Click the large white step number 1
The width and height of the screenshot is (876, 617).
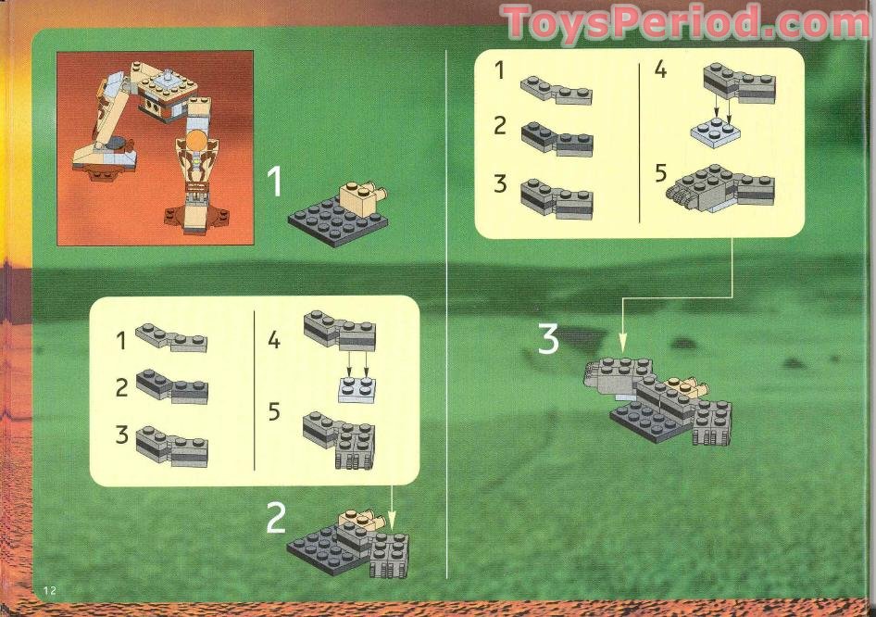(x=275, y=183)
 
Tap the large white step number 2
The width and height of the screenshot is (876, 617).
(x=276, y=520)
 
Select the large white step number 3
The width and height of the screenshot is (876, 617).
(x=549, y=340)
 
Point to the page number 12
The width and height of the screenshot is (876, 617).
(x=49, y=591)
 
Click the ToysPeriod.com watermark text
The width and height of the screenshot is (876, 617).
(x=685, y=23)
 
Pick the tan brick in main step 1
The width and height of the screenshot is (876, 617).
(x=358, y=195)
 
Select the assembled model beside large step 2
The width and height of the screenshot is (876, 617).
(x=348, y=543)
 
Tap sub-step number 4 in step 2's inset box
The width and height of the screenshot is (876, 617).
(x=274, y=340)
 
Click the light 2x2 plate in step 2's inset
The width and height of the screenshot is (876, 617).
(x=357, y=390)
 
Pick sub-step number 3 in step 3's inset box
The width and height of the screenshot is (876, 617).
(x=500, y=183)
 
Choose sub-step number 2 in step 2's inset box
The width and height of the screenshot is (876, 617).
(x=122, y=387)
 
